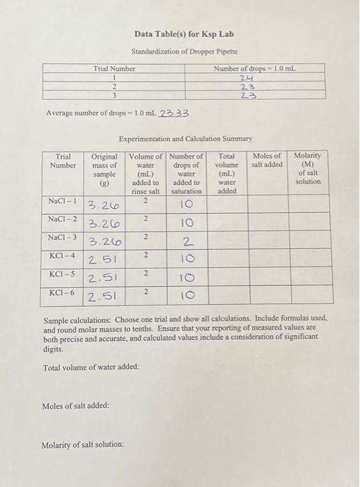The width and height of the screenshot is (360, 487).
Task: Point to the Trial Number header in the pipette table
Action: [x=114, y=68]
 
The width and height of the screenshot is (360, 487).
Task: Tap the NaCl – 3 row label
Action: [x=63, y=239]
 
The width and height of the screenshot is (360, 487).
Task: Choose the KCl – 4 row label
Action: [x=63, y=257]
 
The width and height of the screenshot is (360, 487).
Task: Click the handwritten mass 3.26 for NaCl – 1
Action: [x=103, y=205]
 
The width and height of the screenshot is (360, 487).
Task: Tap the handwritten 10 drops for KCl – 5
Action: [x=186, y=280]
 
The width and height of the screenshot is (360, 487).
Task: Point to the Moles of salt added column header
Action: [x=267, y=161]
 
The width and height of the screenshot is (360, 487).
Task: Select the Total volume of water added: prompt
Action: [x=91, y=367]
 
